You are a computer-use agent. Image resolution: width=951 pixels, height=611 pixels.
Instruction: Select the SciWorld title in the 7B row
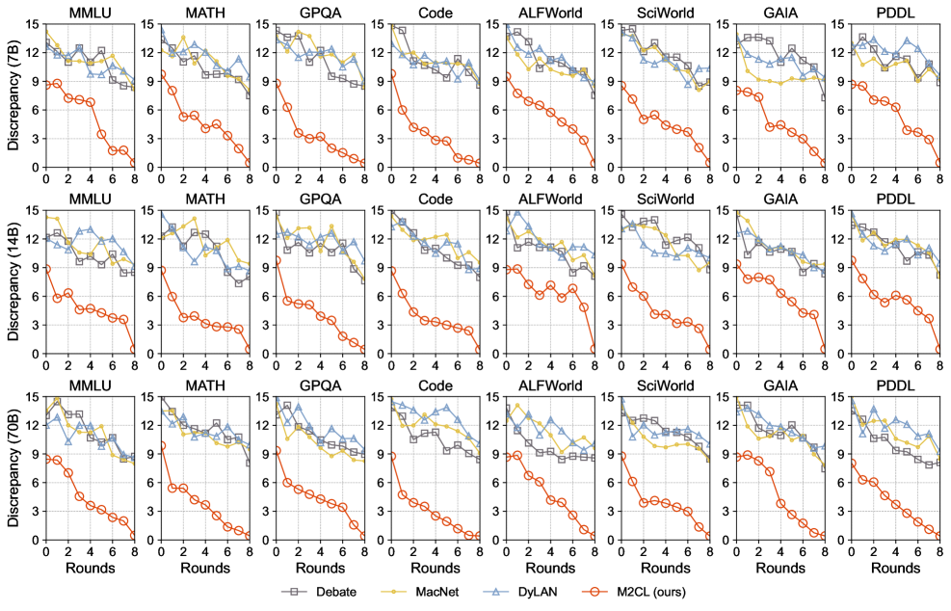click(666, 13)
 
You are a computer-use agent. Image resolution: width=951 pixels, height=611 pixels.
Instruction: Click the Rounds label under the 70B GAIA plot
click(780, 568)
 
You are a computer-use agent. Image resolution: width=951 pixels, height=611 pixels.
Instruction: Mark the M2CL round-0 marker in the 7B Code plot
click(391, 74)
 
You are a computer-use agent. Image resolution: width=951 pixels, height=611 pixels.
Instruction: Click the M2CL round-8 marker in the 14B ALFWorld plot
click(594, 349)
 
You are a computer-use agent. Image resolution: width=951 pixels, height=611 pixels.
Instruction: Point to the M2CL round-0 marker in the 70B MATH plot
click(161, 445)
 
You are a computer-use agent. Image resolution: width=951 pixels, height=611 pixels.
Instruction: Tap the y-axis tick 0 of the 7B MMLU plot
click(37, 167)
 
